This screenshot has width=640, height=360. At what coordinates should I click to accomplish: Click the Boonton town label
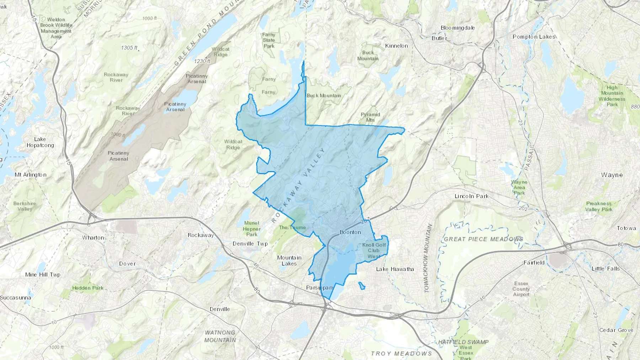pyautogui.click(x=350, y=232)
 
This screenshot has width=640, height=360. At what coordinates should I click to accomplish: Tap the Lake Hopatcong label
pyautogui.click(x=40, y=142)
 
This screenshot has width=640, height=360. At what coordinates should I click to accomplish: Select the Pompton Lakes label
pyautogui.click(x=534, y=37)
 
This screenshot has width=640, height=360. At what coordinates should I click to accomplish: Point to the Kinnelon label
pyautogui.click(x=396, y=45)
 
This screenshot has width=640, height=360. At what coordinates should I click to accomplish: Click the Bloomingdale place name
pyautogui.click(x=458, y=28)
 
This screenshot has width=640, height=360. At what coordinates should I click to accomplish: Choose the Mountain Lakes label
pyautogui.click(x=289, y=260)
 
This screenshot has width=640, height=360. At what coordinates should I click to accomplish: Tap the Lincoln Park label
pyautogui.click(x=471, y=196)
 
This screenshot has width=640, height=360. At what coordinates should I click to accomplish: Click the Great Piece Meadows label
pyautogui.click(x=483, y=239)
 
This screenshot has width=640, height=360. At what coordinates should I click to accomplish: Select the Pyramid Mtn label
pyautogui.click(x=370, y=117)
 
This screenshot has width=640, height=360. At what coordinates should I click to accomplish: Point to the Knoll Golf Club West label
pyautogui.click(x=374, y=251)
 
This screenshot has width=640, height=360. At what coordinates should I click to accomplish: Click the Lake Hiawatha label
pyautogui.click(x=395, y=269)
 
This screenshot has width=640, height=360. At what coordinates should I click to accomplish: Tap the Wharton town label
pyautogui.click(x=93, y=237)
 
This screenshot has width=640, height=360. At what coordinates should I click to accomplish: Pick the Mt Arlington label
pyautogui.click(x=31, y=174)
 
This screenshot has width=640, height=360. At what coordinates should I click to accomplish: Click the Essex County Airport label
pyautogui.click(x=521, y=289)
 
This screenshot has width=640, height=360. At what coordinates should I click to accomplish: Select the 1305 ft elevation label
pyautogui.click(x=129, y=48)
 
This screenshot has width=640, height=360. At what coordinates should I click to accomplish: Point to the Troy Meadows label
pyautogui.click(x=401, y=353)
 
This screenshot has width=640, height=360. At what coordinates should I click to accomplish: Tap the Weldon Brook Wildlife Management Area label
pyautogui.click(x=56, y=28)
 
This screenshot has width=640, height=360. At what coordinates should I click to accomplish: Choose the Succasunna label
pyautogui.click(x=16, y=297)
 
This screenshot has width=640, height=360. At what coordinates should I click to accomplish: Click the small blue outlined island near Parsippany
pyautogui.click(x=362, y=286)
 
